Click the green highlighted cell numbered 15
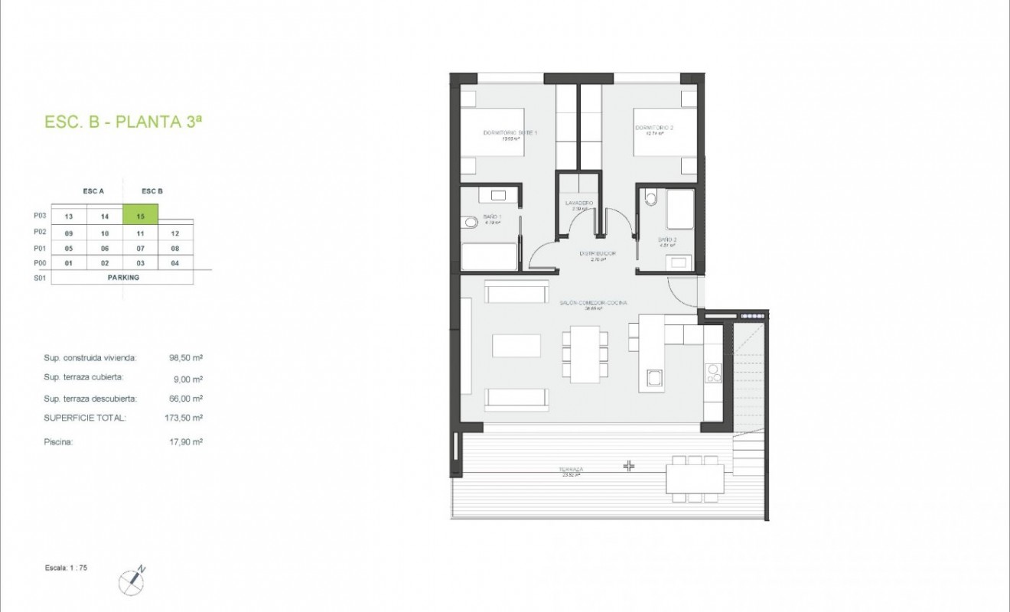pos(141,216)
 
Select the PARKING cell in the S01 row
pos(123,278)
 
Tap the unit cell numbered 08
pos(175,249)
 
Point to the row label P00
pos(41,263)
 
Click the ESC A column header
pos(93,191)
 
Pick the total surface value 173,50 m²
pos(186,418)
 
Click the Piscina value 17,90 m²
pos(186,441)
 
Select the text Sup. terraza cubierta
pos(83,377)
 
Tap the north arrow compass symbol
pos(132,581)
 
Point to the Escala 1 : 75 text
pos(67,568)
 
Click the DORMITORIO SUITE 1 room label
pos(510,134)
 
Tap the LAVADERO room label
pos(579,203)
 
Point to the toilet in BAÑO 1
pos(469,223)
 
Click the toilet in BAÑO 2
pos(650,198)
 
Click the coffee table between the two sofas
pos(516,346)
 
